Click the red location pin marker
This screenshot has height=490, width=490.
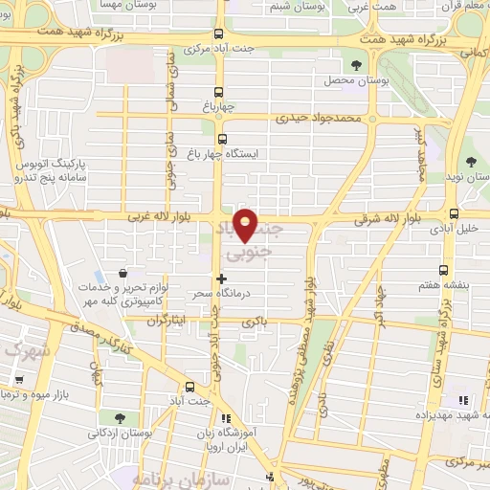tap(246, 224)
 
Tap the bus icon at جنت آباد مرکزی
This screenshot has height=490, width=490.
tap(221, 32)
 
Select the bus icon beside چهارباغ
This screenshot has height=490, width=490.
tap(221, 94)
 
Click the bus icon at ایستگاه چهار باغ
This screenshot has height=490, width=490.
tap(223, 139)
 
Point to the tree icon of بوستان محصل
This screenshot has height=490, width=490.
tap(357, 66)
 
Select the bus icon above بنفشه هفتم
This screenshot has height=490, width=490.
tap(443, 271)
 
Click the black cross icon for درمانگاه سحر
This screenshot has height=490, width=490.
tap(222, 278)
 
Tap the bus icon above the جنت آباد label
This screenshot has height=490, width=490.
tap(189, 388)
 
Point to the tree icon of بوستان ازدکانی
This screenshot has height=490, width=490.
tap(119, 418)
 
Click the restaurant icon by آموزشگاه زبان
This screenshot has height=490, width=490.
tap(226, 418)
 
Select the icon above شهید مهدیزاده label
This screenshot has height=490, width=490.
tap(463, 400)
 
